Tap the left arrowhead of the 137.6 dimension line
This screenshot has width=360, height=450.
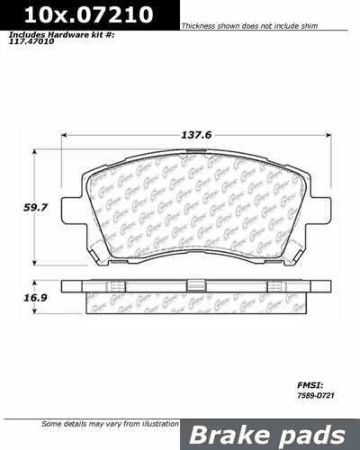coord(64,137)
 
